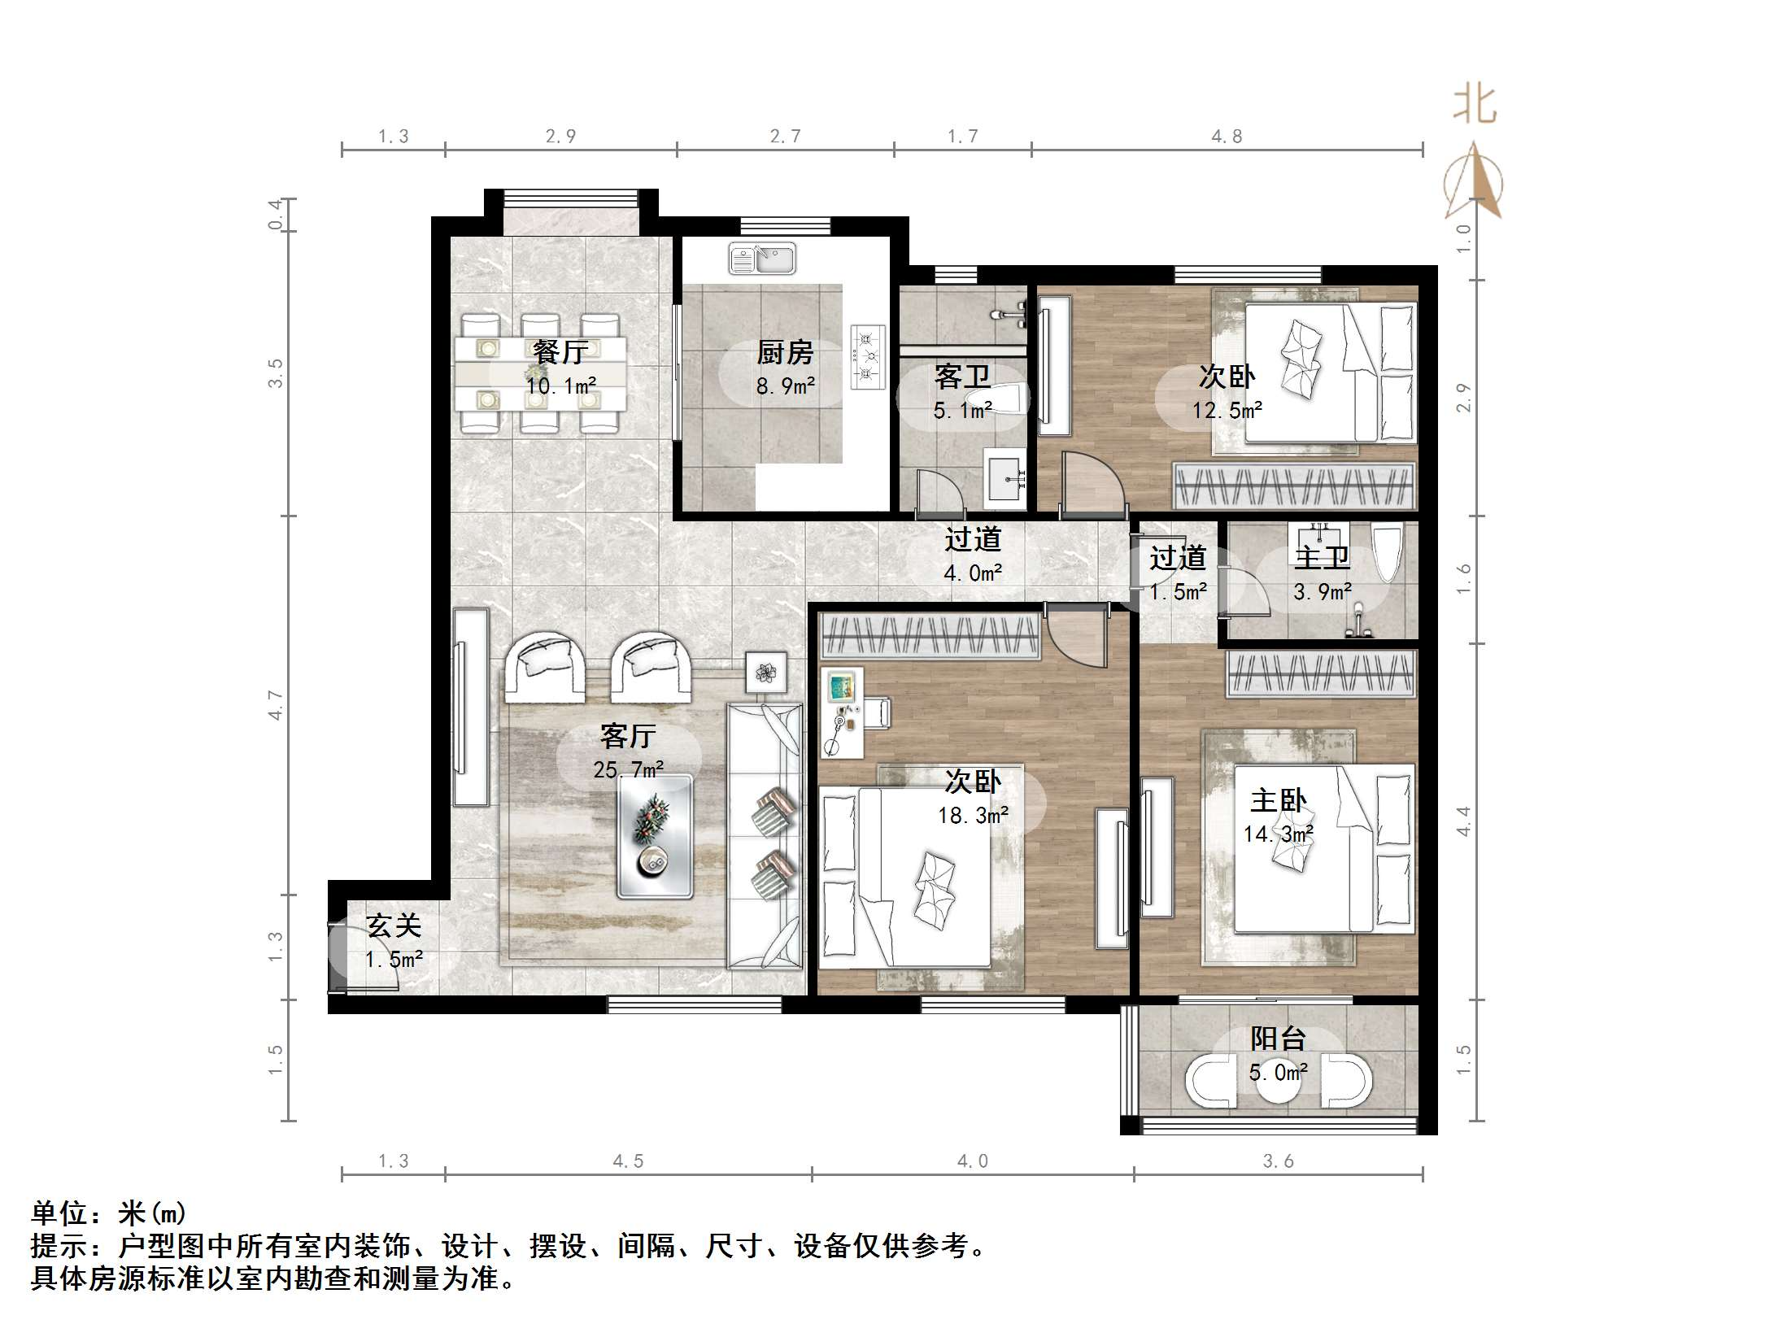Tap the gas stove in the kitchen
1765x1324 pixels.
coord(867,356)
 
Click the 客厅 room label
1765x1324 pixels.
coord(627,736)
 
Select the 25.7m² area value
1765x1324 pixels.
coord(628,769)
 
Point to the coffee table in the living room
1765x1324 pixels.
coord(654,836)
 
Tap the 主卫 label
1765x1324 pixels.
coord(1322,558)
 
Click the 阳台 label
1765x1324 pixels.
coord(1278,1039)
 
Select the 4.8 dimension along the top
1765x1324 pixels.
coord(1227,137)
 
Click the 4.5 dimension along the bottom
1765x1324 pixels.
coord(628,1161)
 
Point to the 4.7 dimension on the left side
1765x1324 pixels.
coord(276,704)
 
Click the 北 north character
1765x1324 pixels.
coord(1475,106)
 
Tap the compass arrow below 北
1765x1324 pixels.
coord(1474,183)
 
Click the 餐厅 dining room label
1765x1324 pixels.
coord(560,352)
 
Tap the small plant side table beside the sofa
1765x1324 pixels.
coord(765,673)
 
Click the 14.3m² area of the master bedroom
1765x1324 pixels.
coord(1278,834)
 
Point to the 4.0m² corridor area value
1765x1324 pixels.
coord(973,573)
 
